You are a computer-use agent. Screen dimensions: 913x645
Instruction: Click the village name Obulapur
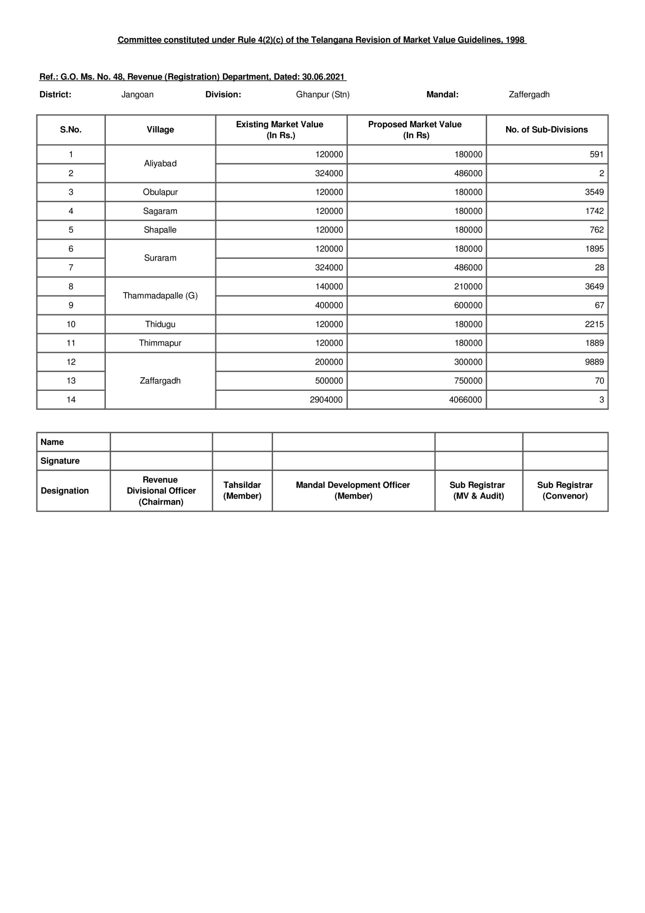pyautogui.click(x=160, y=192)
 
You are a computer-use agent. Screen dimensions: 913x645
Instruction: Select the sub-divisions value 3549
pyautogui.click(x=594, y=192)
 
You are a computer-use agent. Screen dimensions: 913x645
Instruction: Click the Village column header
pyautogui.click(x=160, y=129)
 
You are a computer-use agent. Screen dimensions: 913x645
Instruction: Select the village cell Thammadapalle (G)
pyautogui.click(x=160, y=295)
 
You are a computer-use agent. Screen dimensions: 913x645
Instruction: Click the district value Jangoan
pyautogui.click(x=137, y=95)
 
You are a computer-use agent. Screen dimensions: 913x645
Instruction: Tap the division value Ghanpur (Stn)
pyautogui.click(x=322, y=95)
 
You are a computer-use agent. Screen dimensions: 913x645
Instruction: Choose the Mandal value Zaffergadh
pyautogui.click(x=529, y=95)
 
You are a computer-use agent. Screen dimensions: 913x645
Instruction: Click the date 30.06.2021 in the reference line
pyautogui.click(x=323, y=77)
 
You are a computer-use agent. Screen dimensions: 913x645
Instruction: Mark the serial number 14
pyautogui.click(x=71, y=400)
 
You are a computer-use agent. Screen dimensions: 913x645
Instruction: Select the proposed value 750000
pyautogui.click(x=468, y=381)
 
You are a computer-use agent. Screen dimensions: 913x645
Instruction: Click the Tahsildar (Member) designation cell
pyautogui.click(x=242, y=490)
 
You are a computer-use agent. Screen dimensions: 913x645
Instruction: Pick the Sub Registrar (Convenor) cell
pyautogui.click(x=565, y=490)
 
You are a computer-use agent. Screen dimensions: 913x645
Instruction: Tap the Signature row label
pyautogui.click(x=60, y=461)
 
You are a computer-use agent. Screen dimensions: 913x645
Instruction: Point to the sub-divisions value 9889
pyautogui.click(x=594, y=362)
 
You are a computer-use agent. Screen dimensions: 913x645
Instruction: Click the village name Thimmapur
pyautogui.click(x=160, y=343)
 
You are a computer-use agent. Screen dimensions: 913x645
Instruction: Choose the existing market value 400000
pyautogui.click(x=329, y=305)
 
